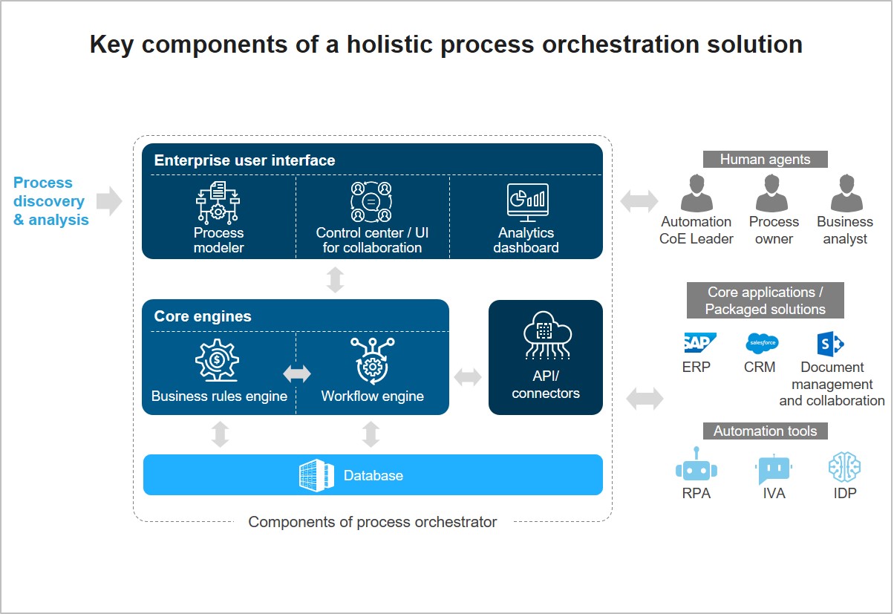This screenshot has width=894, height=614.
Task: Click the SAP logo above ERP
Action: click(x=699, y=343)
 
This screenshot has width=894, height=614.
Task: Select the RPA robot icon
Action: click(x=696, y=466)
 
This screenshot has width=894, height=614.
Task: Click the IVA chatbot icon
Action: click(x=773, y=468)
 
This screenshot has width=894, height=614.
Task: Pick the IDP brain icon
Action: click(x=844, y=467)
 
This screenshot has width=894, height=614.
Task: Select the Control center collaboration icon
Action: click(x=371, y=202)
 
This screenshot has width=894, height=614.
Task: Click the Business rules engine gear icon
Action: click(x=218, y=362)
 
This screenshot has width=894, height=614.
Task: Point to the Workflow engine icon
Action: click(x=371, y=361)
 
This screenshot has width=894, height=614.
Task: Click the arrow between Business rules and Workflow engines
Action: click(x=297, y=374)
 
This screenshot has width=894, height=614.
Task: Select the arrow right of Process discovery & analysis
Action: click(x=109, y=200)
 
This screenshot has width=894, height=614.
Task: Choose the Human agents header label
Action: click(x=765, y=159)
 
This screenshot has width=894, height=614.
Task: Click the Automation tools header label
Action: click(x=765, y=431)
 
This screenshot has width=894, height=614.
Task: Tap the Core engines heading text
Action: click(x=203, y=316)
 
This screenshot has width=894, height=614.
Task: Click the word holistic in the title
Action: click(x=379, y=45)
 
